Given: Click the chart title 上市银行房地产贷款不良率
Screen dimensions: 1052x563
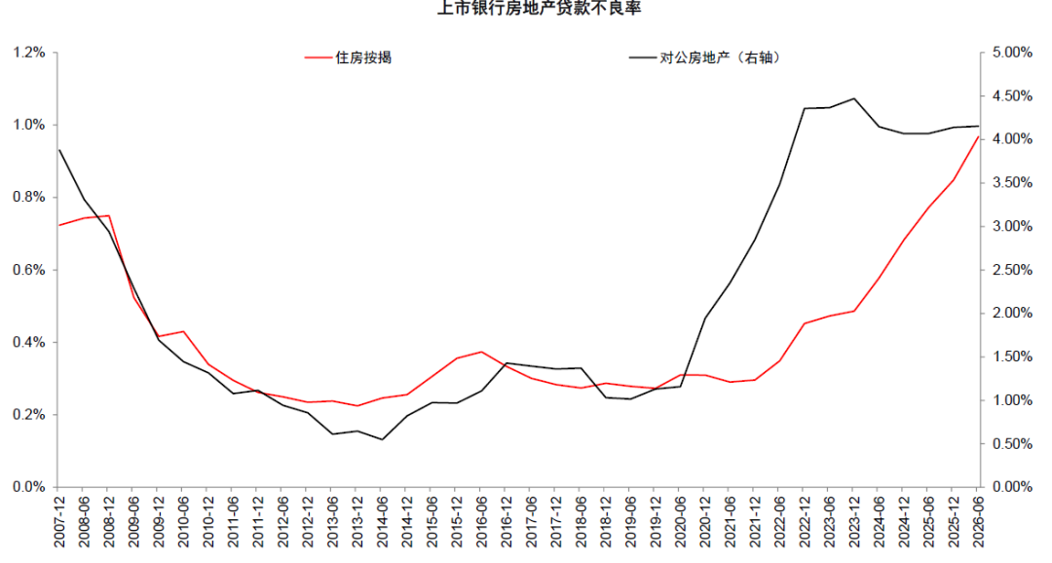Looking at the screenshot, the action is point(539,8).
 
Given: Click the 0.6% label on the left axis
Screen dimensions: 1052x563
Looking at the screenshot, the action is point(29,270).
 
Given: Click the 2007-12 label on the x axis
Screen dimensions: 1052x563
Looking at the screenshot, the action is point(58,521).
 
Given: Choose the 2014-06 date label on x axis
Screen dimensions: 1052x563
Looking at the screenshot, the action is point(383,521).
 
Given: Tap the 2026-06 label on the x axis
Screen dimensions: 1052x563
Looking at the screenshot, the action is point(978,521).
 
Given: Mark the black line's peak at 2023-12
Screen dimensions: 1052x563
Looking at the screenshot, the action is point(853,98).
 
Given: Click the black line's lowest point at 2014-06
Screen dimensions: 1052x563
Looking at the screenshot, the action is point(383,439).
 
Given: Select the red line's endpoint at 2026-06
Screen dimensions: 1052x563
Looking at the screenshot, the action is point(978,136).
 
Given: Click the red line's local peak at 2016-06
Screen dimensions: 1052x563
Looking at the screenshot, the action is point(481,352).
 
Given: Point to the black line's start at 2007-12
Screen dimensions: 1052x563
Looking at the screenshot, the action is point(59,150).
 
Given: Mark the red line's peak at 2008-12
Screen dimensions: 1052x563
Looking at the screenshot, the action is point(109,216).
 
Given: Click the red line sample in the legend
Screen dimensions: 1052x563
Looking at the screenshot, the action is point(318,58).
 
